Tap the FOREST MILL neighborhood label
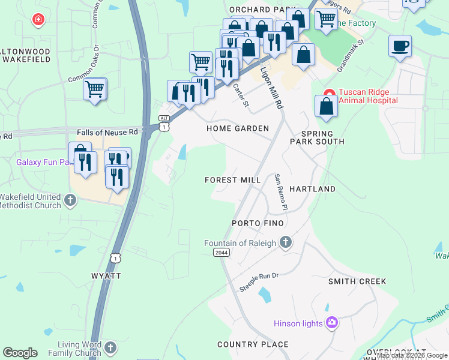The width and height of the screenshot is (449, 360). click(x=232, y=180)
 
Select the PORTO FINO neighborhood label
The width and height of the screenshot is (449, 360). click(x=258, y=223)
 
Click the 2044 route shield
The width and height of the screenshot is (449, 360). click(x=221, y=253)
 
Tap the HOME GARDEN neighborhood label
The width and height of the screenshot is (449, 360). click(x=237, y=128)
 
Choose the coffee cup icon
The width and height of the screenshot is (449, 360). click(x=400, y=46)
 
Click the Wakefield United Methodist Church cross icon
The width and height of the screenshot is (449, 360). click(x=70, y=200)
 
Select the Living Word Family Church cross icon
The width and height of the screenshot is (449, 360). click(x=110, y=348)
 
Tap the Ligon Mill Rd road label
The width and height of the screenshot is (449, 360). click(x=271, y=87)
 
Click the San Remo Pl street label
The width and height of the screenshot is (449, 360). click(x=278, y=192)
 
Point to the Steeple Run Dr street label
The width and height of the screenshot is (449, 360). click(x=259, y=282)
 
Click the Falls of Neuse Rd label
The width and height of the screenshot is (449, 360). click(x=107, y=131)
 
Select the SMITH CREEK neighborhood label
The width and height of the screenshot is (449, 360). click(x=357, y=281)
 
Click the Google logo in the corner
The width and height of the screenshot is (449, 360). click(x=20, y=353)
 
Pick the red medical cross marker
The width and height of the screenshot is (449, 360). click(x=38, y=20)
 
